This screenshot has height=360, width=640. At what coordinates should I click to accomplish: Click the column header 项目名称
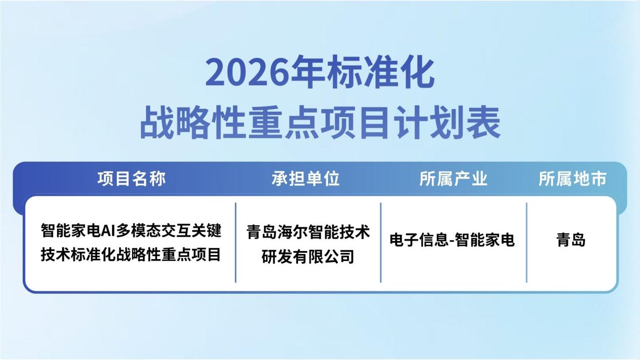point(131,179)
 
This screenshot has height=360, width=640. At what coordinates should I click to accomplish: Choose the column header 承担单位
point(306,179)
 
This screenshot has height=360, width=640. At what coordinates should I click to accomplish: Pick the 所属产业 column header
point(453,179)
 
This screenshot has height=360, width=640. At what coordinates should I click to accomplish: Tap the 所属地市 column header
point(572,179)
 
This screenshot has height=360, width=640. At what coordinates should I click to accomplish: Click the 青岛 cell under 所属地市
point(571,240)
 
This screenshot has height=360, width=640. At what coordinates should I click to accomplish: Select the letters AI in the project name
point(108,231)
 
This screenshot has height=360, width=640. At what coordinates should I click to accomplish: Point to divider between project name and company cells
point(236,242)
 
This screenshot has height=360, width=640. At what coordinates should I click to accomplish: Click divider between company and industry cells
point(381,242)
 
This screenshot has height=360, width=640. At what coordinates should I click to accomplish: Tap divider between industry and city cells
point(526,242)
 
